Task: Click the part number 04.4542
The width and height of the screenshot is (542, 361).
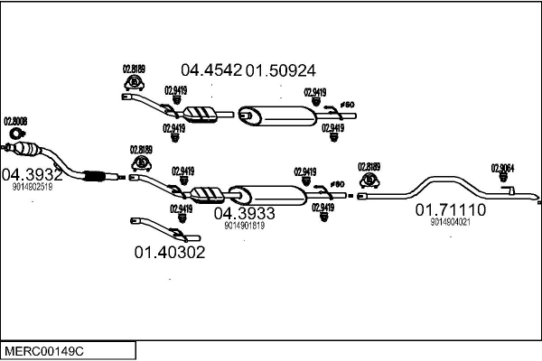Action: [211, 69]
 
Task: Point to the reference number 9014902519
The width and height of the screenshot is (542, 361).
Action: [33, 188]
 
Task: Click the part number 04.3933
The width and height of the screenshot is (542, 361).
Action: [244, 213]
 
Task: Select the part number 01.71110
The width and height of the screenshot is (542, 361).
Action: [450, 209]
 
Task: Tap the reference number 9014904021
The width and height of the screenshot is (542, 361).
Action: [450, 222]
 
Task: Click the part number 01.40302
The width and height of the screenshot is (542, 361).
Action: [170, 252]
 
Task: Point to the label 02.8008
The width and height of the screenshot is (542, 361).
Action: [15, 121]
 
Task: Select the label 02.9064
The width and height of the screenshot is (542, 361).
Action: [502, 167]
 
